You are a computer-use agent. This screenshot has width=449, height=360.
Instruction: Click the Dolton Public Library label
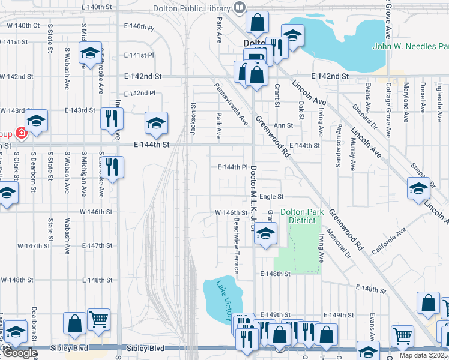192,8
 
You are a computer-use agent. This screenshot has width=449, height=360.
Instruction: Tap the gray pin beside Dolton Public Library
240,8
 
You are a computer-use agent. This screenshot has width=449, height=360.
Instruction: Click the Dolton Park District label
298,216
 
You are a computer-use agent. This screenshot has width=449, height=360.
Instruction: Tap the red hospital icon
22,133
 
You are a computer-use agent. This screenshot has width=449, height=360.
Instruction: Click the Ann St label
283,125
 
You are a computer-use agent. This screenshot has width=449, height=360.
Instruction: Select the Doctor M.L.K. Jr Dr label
253,192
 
